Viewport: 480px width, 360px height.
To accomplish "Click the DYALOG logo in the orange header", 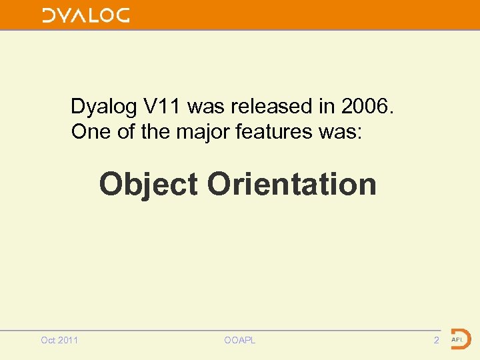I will [x=86, y=15].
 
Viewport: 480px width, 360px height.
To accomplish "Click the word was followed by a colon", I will [x=339, y=132].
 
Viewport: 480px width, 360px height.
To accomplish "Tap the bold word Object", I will [x=148, y=184].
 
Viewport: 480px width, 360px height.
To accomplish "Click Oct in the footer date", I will [x=48, y=341].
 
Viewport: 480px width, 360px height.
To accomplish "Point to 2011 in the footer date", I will [x=68, y=341].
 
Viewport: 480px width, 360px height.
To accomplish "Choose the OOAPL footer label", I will [x=240, y=341].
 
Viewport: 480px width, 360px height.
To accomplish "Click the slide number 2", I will [x=436, y=341].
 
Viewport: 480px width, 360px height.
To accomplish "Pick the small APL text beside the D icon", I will [x=457, y=339].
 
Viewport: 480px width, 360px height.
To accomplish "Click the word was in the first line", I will [x=207, y=106].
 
